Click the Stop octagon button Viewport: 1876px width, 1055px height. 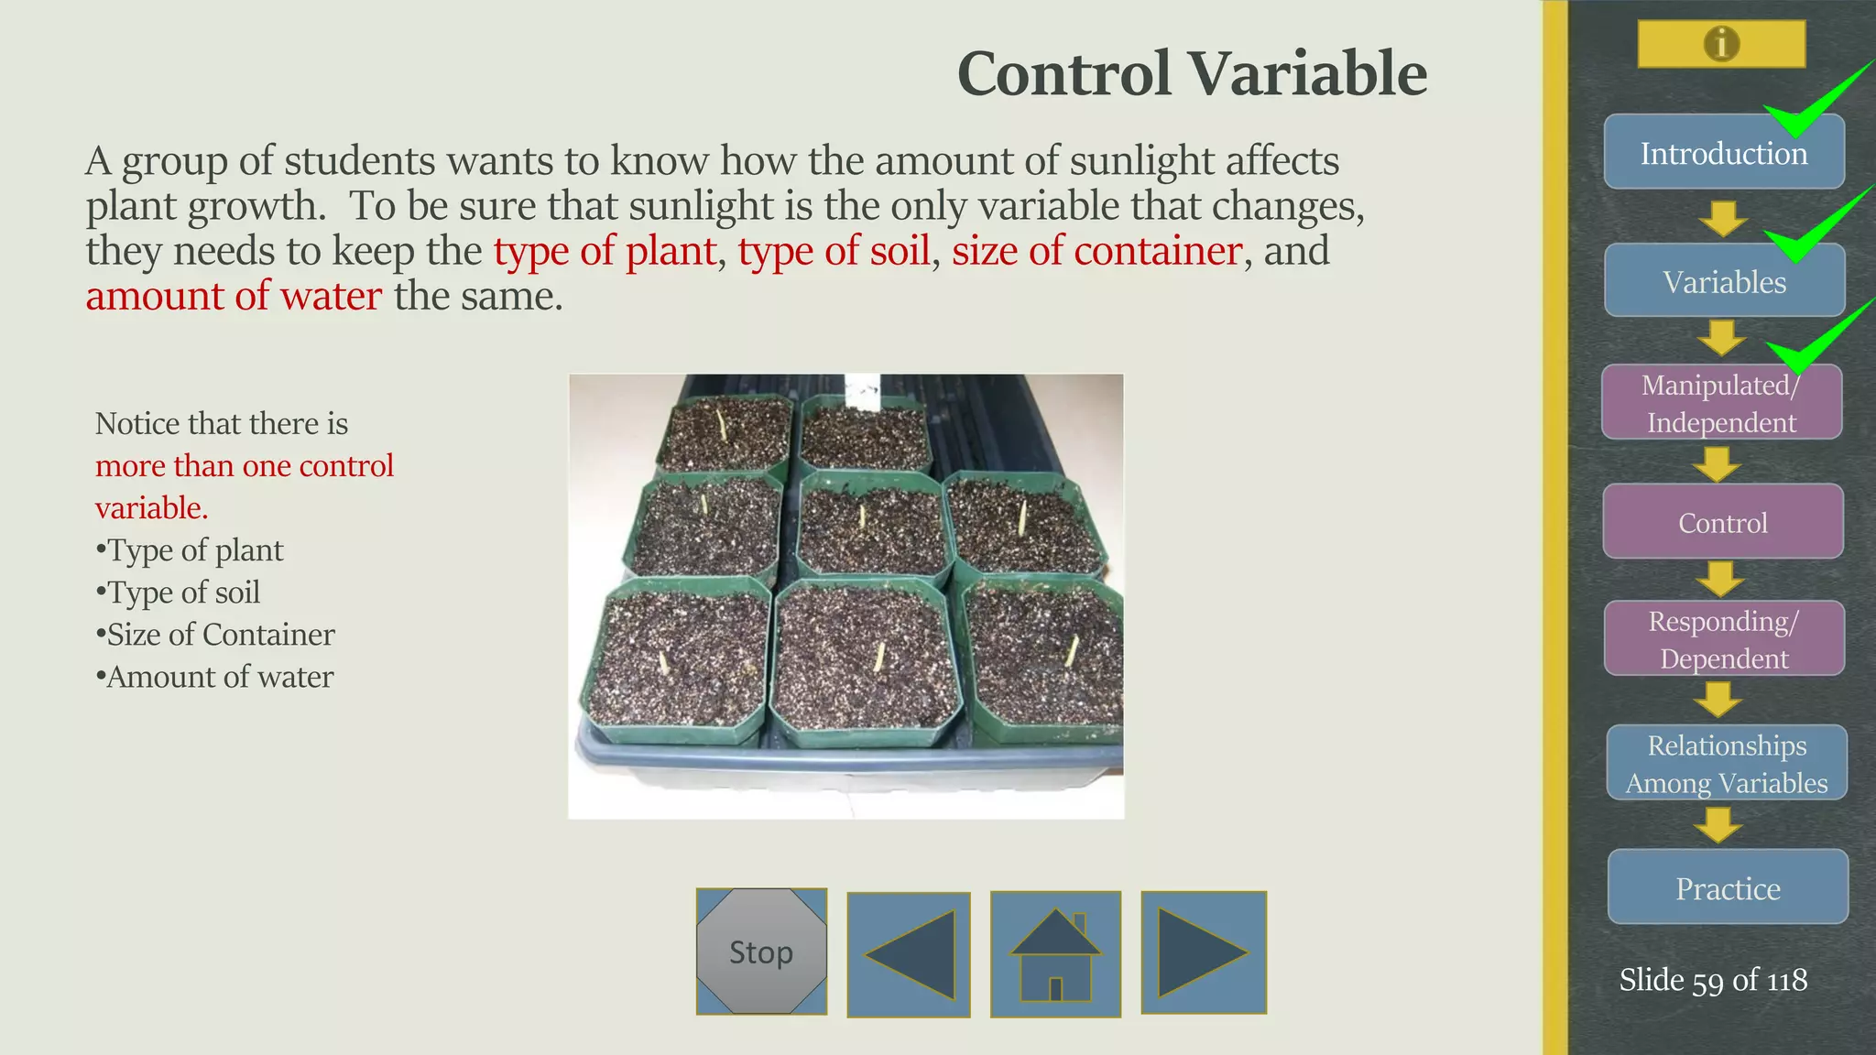pyautogui.click(x=761, y=952)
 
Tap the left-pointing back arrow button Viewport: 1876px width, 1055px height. pyautogui.click(x=909, y=954)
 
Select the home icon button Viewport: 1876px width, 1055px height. pyautogui.click(x=1055, y=954)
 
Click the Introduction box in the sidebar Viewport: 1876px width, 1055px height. pyautogui.click(x=1723, y=153)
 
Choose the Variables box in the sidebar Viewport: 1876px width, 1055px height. pyautogui.click(x=1724, y=281)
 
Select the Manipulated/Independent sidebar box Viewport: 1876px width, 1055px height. pyautogui.click(x=1721, y=404)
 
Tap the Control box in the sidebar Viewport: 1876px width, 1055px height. pyautogui.click(x=1723, y=522)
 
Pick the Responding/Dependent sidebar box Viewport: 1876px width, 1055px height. pyautogui.click(x=1724, y=639)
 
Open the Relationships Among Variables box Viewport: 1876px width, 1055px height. pyautogui.click(x=1727, y=764)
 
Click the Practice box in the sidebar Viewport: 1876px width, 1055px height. pyautogui.click(x=1728, y=887)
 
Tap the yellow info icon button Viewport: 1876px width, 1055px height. pyautogui.click(x=1721, y=44)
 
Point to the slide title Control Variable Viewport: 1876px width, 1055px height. pyautogui.click(x=1192, y=73)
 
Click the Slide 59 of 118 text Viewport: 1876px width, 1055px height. pyautogui.click(x=1713, y=980)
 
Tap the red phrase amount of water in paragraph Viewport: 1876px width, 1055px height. pyautogui.click(x=234, y=296)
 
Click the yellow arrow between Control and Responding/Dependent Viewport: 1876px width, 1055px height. pyautogui.click(x=1719, y=580)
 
